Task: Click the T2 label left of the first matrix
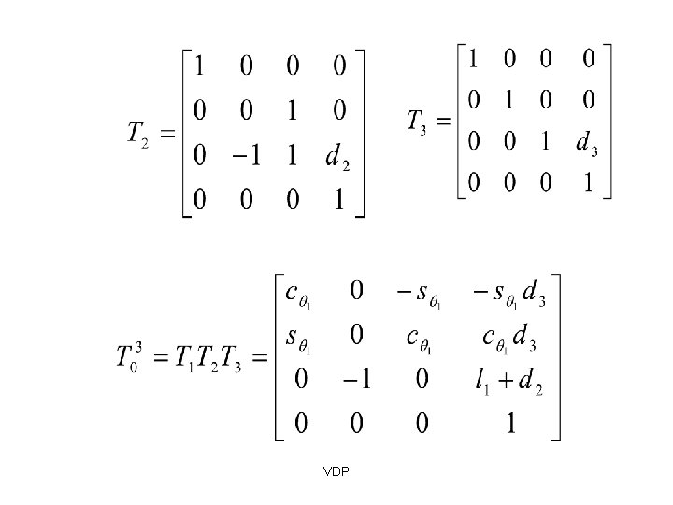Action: point(136,134)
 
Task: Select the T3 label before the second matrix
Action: point(417,122)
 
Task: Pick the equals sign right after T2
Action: point(168,133)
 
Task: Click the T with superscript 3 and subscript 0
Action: point(129,358)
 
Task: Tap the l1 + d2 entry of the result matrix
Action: point(509,382)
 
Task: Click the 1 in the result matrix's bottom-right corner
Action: point(510,424)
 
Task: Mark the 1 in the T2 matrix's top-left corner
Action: point(200,68)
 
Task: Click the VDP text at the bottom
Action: point(336,471)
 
